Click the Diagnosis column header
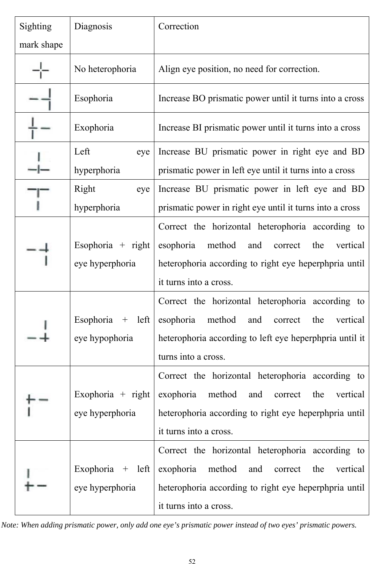(x=93, y=27)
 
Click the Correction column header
(x=178, y=27)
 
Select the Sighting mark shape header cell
(x=41, y=35)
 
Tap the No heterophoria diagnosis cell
(x=105, y=69)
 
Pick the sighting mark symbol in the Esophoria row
(x=41, y=99)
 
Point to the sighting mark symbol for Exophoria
(x=40, y=128)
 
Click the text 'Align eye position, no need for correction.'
(x=239, y=69)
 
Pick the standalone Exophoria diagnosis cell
(x=94, y=127)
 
